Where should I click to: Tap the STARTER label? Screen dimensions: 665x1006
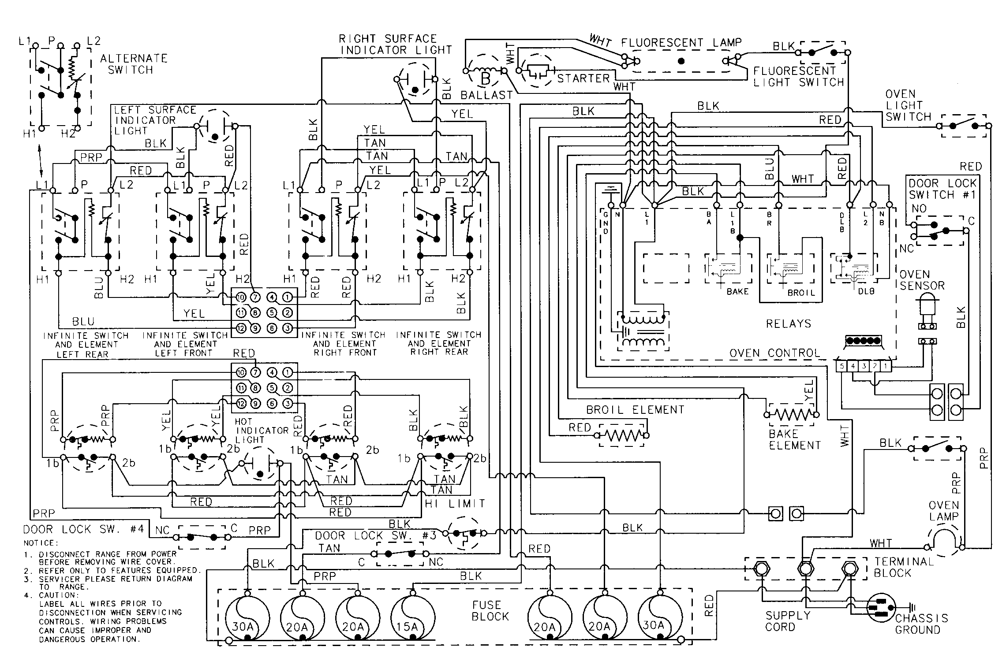[583, 78]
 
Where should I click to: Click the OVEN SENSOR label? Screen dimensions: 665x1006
[922, 280]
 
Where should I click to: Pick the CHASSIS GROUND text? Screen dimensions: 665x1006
[921, 624]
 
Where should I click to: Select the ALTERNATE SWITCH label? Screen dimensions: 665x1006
[133, 64]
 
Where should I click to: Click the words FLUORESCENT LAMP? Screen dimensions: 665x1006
[681, 43]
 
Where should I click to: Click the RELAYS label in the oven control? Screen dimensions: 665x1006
[789, 324]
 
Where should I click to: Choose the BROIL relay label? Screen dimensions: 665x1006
[801, 293]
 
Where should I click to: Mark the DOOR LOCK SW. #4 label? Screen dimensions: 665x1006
[84, 529]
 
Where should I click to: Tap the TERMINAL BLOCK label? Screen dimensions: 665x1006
[904, 567]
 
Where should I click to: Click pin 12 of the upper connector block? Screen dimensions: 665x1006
[240, 328]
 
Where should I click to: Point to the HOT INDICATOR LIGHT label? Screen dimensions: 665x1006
[262, 431]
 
